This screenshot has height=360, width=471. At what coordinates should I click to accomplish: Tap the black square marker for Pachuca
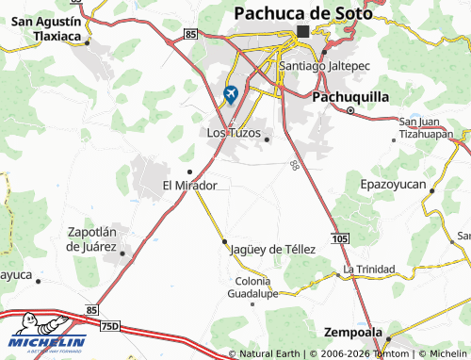point(302,31)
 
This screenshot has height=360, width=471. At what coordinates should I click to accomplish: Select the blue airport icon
point(231,94)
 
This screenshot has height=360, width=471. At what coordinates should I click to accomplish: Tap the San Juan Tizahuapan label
point(432,126)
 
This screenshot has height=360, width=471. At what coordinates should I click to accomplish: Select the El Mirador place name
point(189,186)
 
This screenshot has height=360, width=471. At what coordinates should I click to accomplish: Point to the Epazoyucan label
point(394,185)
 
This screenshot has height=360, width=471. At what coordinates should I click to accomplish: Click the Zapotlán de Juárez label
point(91,238)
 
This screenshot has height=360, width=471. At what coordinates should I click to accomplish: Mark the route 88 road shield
point(295,165)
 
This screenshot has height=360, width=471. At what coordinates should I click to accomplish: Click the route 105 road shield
point(340,237)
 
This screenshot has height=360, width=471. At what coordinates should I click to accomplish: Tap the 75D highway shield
point(110,325)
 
